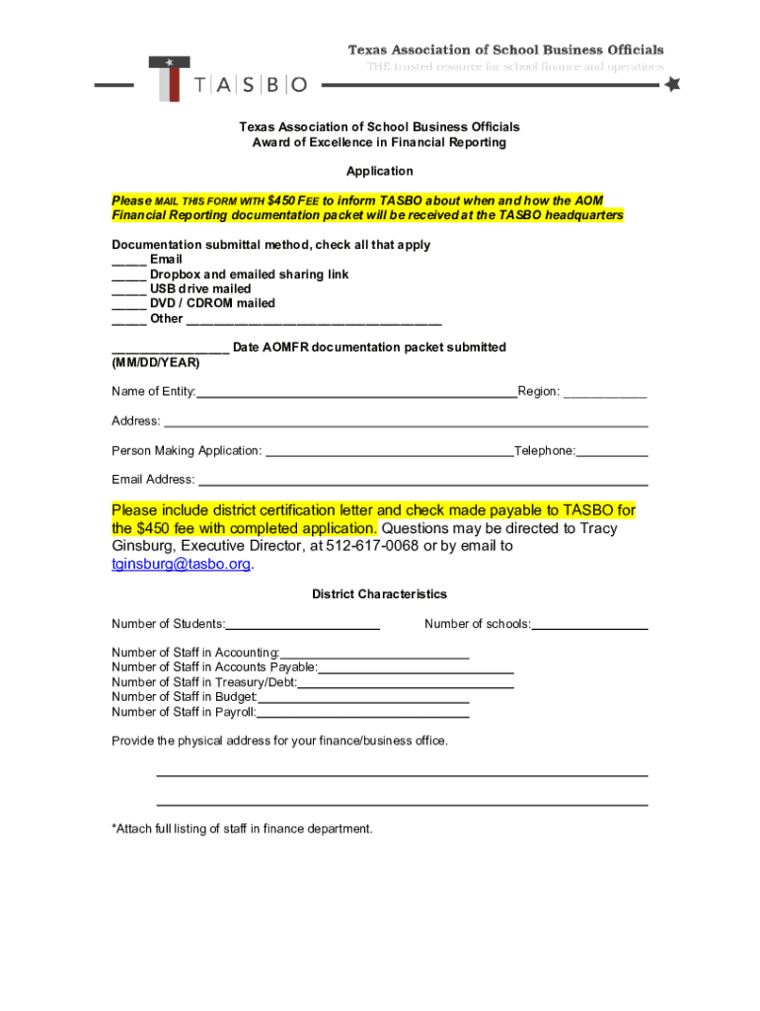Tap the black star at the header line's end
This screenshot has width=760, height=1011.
[672, 85]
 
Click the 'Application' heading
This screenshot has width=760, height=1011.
[379, 171]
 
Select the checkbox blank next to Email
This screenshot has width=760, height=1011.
[128, 260]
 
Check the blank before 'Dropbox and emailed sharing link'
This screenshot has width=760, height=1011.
[128, 274]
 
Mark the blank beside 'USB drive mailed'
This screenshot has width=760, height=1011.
[128, 289]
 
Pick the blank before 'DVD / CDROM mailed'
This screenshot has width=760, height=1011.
[128, 304]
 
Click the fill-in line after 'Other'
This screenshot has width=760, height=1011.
[314, 320]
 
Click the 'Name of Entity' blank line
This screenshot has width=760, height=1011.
[356, 393]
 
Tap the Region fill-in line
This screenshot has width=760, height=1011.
[605, 393]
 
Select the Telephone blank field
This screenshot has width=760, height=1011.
[612, 452]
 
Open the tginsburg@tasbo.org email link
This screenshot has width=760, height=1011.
[182, 564]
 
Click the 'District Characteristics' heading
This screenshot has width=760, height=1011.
[379, 594]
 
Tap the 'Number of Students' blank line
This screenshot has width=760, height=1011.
[303, 625]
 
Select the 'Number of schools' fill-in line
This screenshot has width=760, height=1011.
[590, 625]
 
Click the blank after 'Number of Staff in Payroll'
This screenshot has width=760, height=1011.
[362, 713]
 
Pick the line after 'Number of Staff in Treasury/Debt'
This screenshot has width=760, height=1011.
[405, 683]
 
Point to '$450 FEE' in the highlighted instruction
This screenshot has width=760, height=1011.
[293, 201]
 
